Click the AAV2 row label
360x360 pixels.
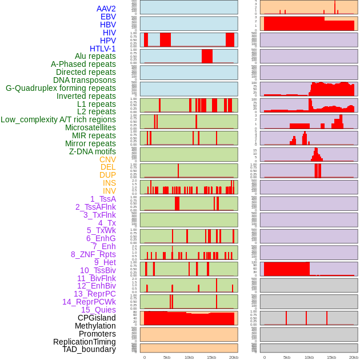(106, 9)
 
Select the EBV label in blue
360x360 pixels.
(108, 17)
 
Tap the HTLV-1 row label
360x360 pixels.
(103, 49)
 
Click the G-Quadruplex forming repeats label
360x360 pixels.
(61, 88)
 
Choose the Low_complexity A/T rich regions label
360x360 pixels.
(58, 119)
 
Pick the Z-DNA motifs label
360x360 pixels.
(93, 151)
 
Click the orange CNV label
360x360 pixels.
(107, 159)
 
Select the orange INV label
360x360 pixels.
(109, 191)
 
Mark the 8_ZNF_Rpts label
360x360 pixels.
(93, 254)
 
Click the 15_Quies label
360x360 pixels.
(98, 310)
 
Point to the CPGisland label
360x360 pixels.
(97, 318)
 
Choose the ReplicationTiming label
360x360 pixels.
(85, 342)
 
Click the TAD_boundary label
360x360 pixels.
(89, 349)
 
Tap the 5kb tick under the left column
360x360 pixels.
(167, 357)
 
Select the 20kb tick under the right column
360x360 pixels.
(354, 357)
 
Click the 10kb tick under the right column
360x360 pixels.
(309, 357)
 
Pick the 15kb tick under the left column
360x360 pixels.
(211, 357)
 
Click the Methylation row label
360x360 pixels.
(95, 326)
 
